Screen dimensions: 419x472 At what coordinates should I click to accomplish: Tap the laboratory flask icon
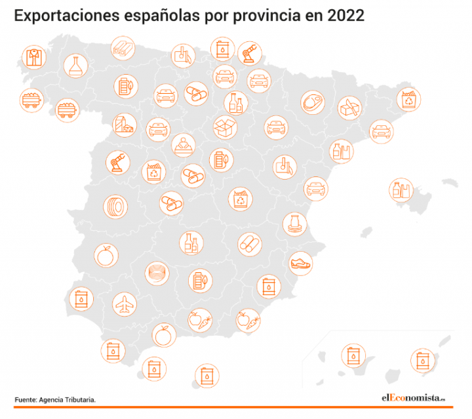click(76, 64)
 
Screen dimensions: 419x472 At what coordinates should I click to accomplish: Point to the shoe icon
click(301, 263)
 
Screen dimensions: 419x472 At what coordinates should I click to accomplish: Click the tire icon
click(115, 206)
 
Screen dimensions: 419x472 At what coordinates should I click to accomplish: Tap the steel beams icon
click(123, 47)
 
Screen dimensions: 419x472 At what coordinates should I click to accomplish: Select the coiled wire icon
click(157, 271)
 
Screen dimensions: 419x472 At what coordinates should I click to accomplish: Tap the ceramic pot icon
click(294, 224)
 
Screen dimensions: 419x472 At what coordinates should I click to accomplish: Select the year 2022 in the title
click(342, 16)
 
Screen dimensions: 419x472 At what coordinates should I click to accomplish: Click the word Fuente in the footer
click(25, 399)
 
